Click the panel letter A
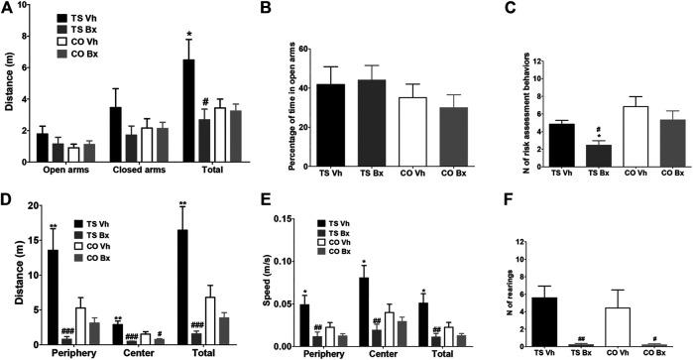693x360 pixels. pyautogui.click(x=7, y=9)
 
